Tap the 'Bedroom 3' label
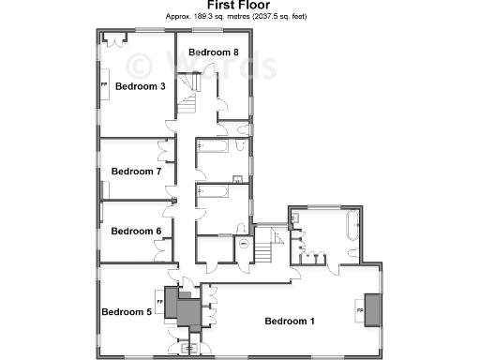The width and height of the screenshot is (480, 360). click(x=141, y=87)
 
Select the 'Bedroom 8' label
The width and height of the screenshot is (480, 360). click(x=214, y=52)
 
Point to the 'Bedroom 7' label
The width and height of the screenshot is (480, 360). click(x=137, y=172)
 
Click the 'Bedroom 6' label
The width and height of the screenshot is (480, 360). click(x=137, y=231)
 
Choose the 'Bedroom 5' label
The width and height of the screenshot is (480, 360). click(x=127, y=311)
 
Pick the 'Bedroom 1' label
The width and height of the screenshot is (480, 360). click(x=289, y=322)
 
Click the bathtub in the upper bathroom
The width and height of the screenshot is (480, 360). click(x=212, y=147)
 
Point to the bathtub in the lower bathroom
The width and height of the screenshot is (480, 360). click(x=212, y=192)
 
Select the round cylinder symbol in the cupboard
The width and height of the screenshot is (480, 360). click(x=242, y=245)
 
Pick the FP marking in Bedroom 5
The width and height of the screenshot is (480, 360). click(x=159, y=302)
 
